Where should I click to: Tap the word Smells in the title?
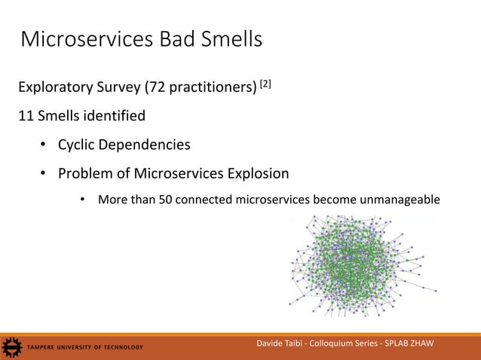click(229, 39)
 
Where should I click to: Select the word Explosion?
click(254, 174)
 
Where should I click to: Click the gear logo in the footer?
click(11, 347)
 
